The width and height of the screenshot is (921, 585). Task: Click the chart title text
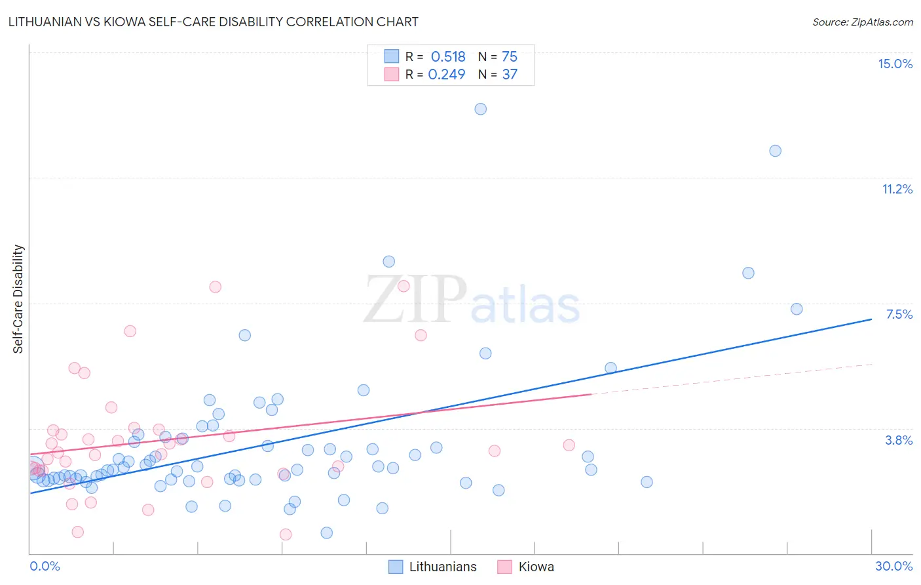tap(214, 22)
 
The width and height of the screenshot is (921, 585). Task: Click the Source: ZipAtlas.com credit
tap(862, 22)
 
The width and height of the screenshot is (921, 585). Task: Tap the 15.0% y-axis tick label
tap(895, 64)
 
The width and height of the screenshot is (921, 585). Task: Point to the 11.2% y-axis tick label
tap(897, 189)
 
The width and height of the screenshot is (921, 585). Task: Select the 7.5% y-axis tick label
tap(899, 314)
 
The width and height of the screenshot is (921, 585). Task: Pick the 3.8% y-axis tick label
tap(899, 440)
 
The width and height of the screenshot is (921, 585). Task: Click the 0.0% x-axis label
tap(45, 566)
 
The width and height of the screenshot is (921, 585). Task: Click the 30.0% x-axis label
tap(893, 566)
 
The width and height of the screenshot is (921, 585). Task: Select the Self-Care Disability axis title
tap(18, 299)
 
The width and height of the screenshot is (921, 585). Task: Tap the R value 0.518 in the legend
tap(448, 56)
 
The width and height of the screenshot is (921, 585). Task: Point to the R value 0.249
tap(447, 74)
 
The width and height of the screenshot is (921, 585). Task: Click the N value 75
tap(510, 56)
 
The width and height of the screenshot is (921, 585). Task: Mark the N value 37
tap(510, 74)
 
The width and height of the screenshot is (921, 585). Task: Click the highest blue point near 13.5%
tap(481, 109)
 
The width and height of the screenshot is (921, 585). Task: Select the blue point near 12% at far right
tap(775, 151)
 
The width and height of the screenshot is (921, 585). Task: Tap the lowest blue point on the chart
tap(327, 533)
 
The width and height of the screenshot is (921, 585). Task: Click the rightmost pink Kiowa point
tap(569, 445)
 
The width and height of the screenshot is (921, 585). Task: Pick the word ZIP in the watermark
tap(415, 300)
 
